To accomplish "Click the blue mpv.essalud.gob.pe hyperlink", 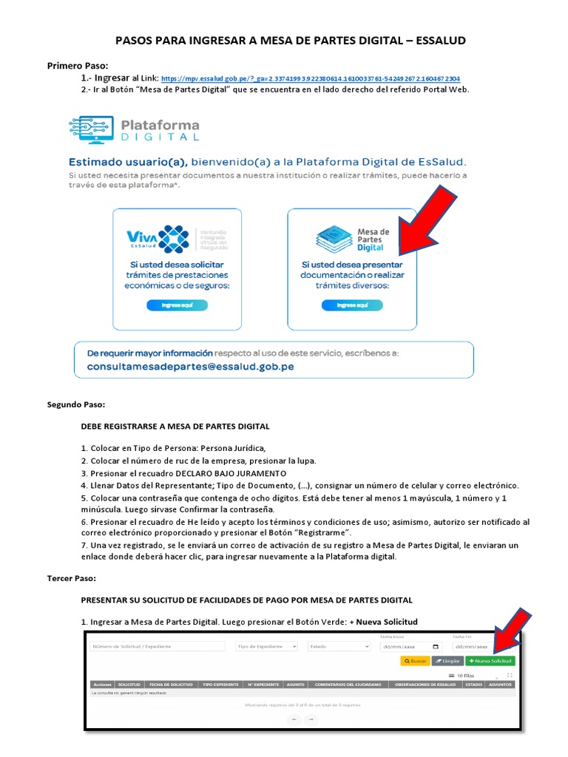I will pos(311,78).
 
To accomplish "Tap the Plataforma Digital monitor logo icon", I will pos(91,129).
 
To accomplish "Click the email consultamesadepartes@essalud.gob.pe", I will pos(191,366).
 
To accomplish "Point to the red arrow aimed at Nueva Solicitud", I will pos(511,630).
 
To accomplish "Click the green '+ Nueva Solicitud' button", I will pos(490,661).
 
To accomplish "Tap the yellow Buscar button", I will pos(414,661).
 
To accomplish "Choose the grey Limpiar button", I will pos(447,661).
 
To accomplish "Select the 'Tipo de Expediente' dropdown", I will pos(266,646).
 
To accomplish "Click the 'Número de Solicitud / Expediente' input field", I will pos(158,646).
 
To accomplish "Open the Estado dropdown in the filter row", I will pos(339,646).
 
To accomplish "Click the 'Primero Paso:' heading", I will pos(78,66).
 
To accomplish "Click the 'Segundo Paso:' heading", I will pos(76,404).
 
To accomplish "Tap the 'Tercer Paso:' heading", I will pos(72,578).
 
